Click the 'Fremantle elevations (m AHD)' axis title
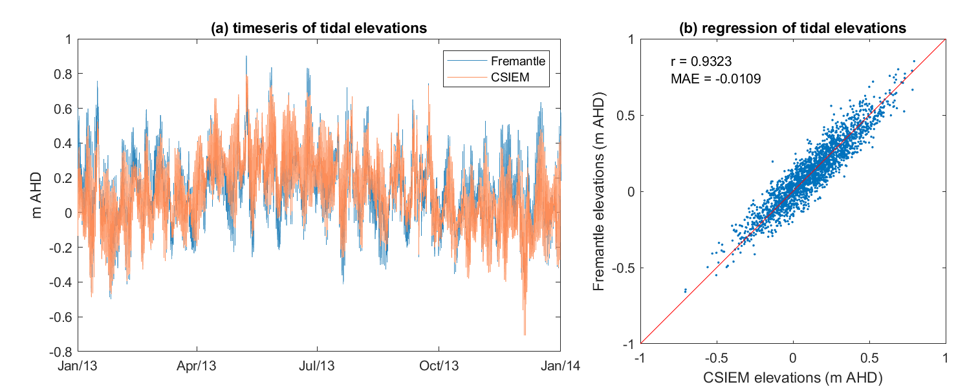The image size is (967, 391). pyautogui.click(x=600, y=191)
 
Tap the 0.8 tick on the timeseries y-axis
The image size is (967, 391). pyautogui.click(x=65, y=74)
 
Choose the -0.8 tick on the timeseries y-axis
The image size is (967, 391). pyautogui.click(x=63, y=352)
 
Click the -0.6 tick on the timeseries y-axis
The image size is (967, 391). pyautogui.click(x=63, y=317)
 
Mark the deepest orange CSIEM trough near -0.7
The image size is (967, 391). pyautogui.click(x=525, y=334)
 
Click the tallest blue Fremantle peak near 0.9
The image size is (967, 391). pyautogui.click(x=246, y=57)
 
